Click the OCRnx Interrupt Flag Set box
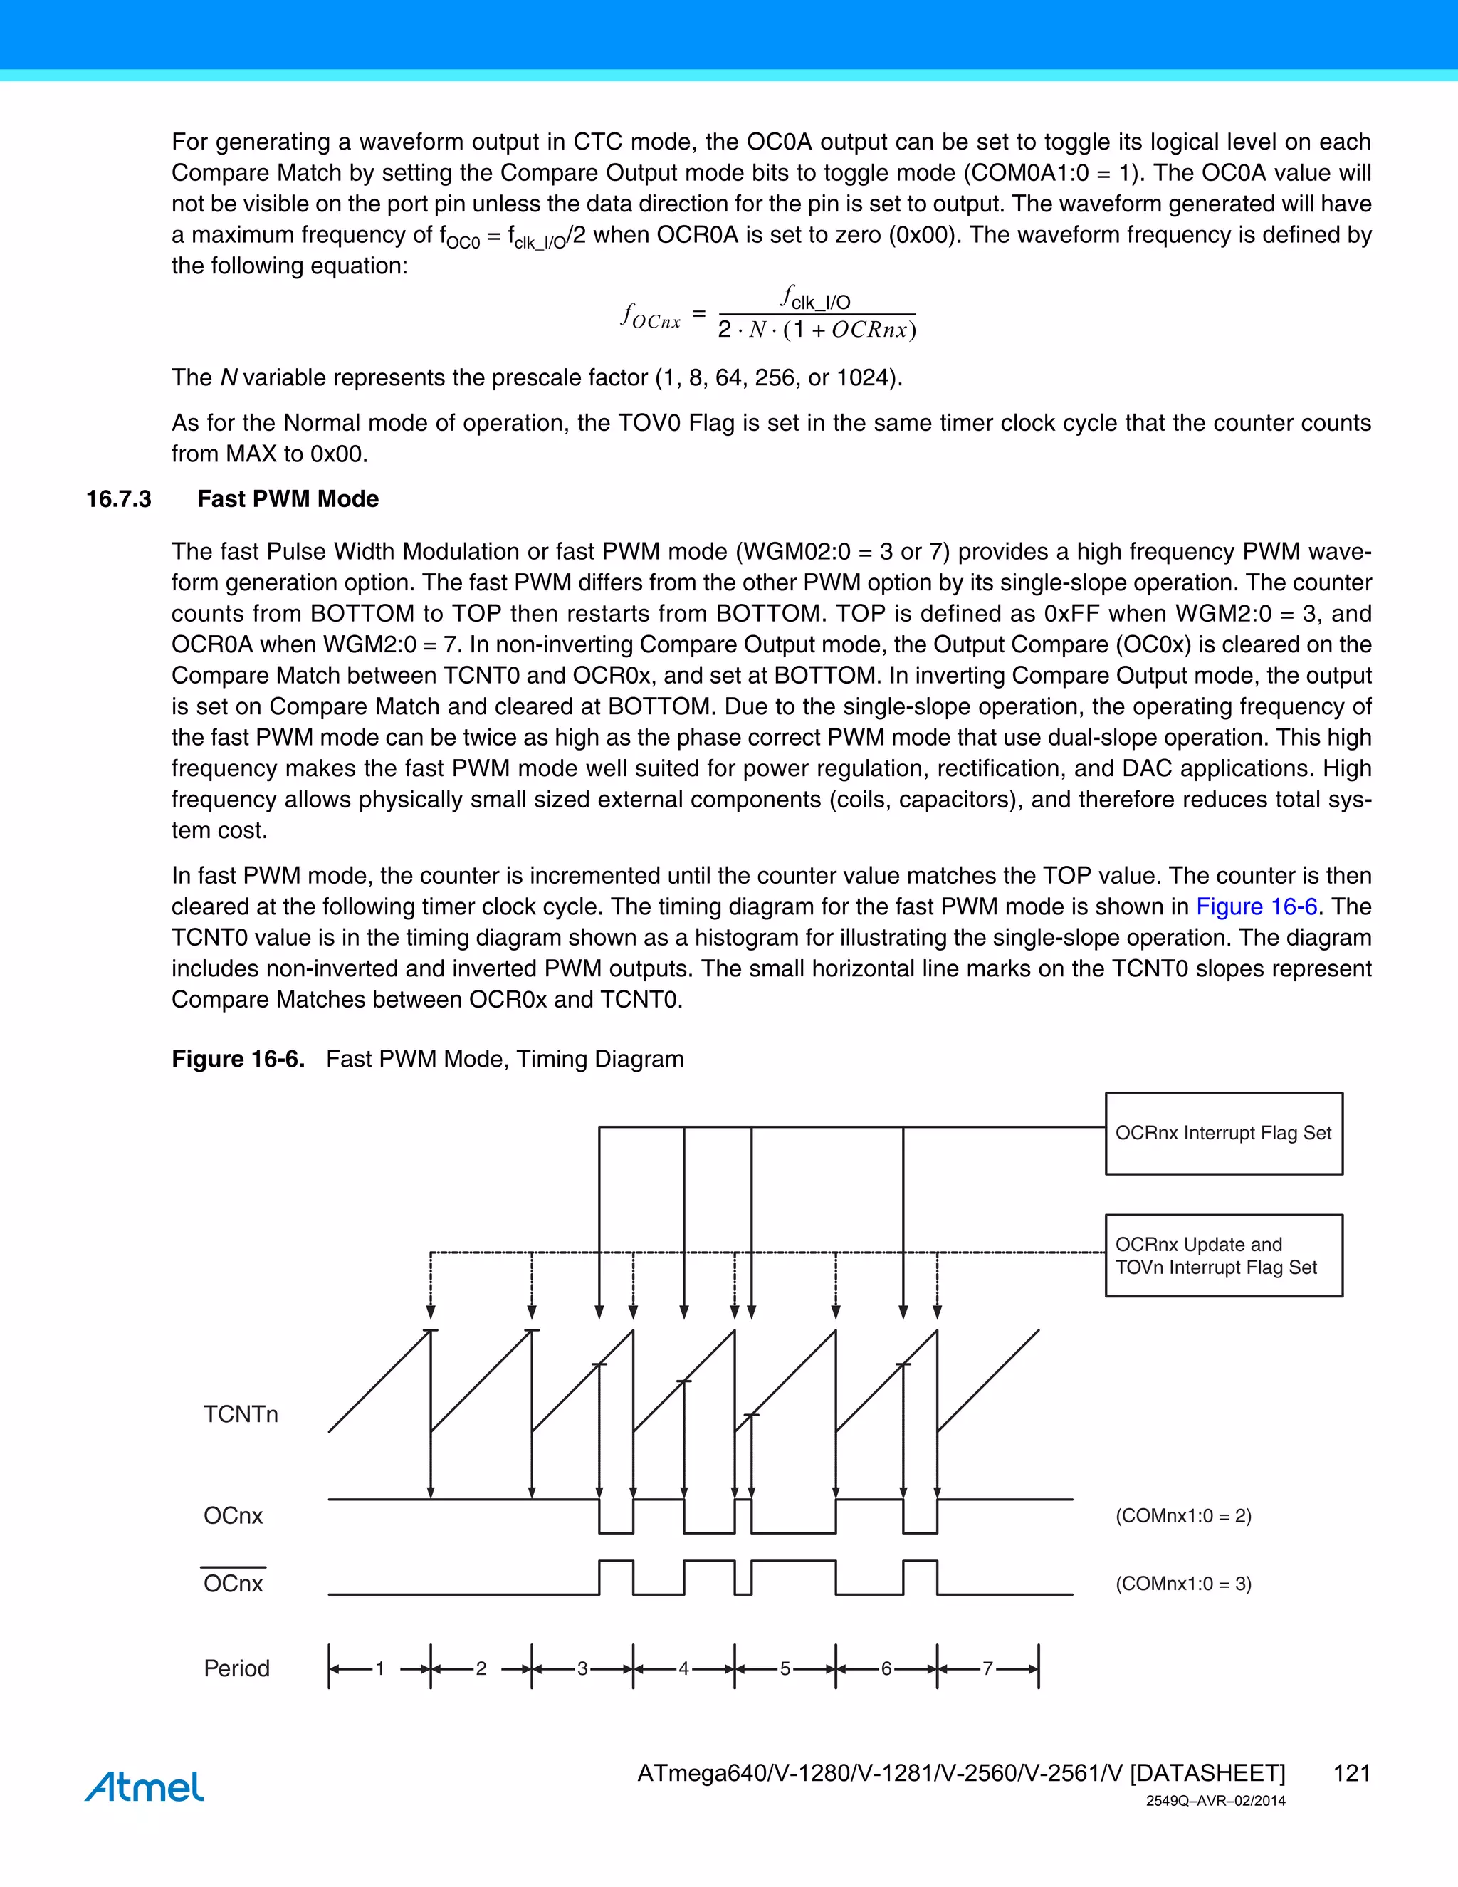(1223, 1133)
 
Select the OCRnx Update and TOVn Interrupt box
(1223, 1255)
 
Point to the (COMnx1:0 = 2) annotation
(1182, 1515)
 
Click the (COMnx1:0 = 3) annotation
(1182, 1583)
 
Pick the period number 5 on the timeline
(785, 1668)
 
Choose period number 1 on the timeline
(379, 1668)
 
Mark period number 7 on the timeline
(987, 1668)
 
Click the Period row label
(236, 1668)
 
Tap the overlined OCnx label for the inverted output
(234, 1583)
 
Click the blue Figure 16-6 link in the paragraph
(1256, 906)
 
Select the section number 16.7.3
(118, 499)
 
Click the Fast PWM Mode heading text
(288, 499)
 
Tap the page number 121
(1352, 1773)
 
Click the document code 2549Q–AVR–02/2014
(1215, 1801)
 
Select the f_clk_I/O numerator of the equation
(815, 299)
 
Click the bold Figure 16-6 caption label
(238, 1060)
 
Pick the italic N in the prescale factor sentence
(229, 378)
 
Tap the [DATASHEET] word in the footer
(1207, 1773)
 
